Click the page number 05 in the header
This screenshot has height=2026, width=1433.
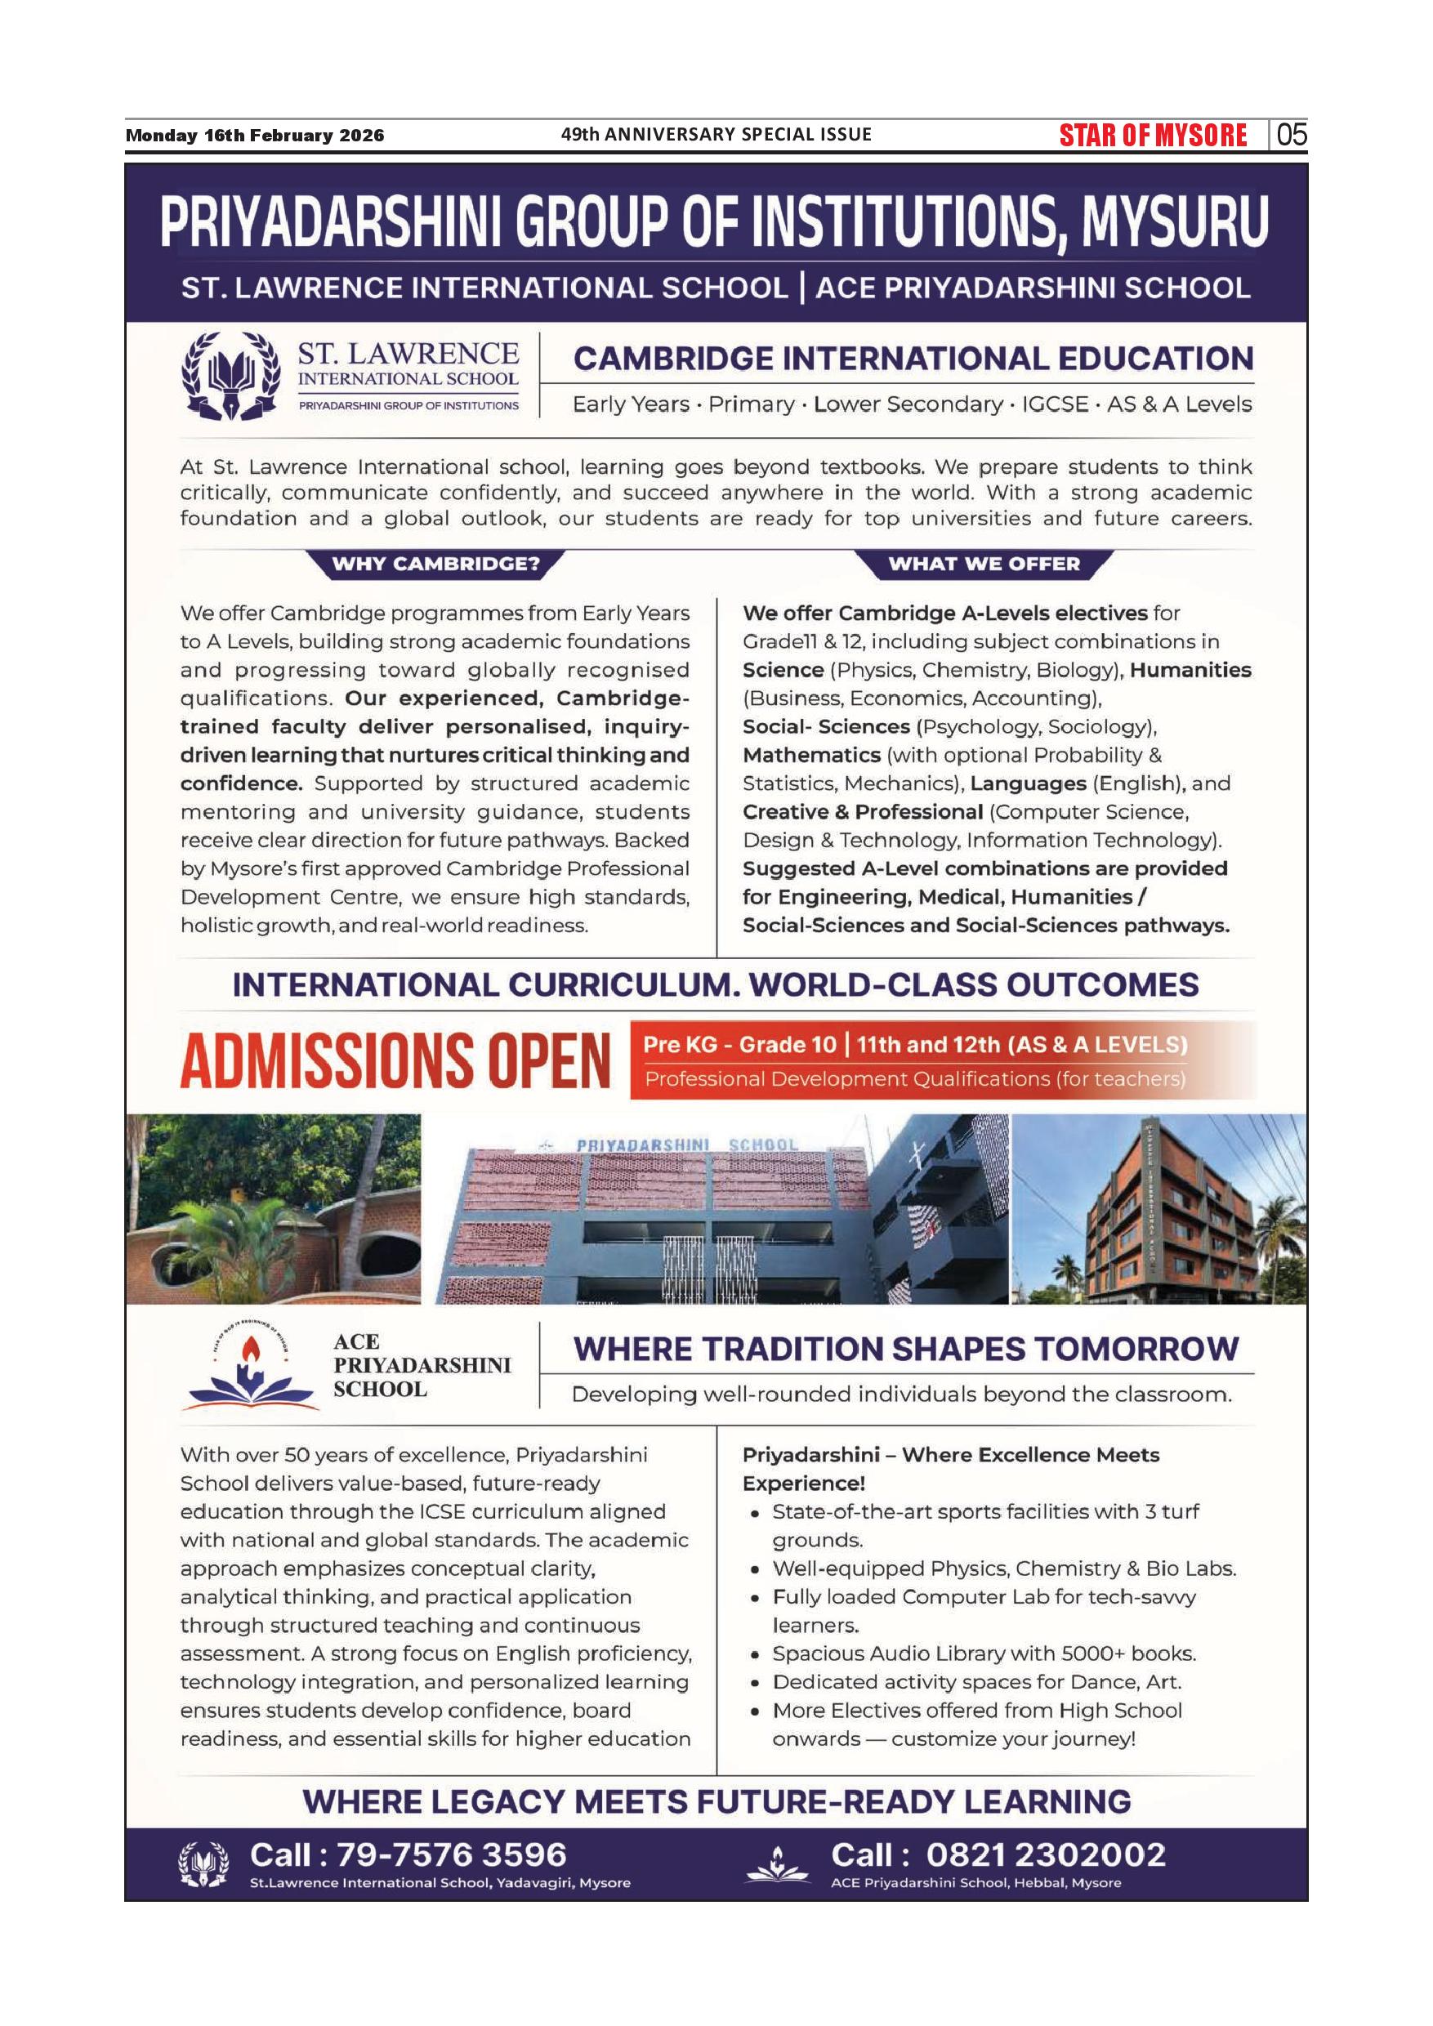[1291, 135]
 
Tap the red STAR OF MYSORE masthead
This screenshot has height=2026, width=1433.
[1154, 135]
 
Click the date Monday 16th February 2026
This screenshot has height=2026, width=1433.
[255, 136]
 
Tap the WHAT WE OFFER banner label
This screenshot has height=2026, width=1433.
[983, 564]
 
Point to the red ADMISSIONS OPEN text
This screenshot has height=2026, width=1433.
[395, 1060]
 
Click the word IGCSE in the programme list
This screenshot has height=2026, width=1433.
[1055, 404]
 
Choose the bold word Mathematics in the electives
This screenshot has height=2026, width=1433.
[811, 756]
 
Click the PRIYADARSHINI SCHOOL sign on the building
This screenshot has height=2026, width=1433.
[686, 1145]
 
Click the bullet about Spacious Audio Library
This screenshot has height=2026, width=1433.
[983, 1653]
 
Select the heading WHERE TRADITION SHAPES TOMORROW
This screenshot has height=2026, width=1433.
[905, 1350]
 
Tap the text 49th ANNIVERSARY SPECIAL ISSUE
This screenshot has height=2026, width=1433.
[716, 134]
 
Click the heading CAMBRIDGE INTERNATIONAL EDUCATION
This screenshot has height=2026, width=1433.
[913, 359]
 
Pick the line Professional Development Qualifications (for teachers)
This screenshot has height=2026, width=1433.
[914, 1079]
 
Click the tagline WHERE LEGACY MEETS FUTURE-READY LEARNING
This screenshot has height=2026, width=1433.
[716, 1801]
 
